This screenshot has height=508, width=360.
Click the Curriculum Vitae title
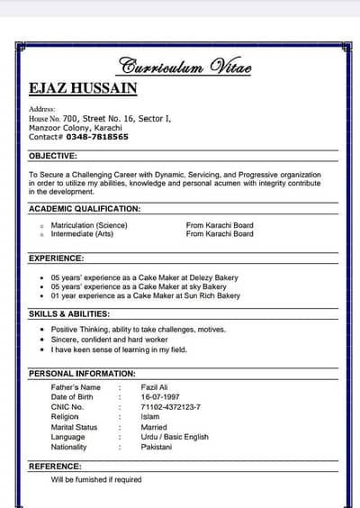click(185, 67)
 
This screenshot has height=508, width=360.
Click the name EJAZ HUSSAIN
click(83, 88)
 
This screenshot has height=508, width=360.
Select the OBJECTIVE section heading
click(53, 156)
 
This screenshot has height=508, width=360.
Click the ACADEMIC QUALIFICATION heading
click(85, 208)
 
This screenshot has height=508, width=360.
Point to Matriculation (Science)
click(89, 224)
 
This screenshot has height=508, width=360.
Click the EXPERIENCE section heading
click(56, 258)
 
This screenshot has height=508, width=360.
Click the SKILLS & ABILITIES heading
click(69, 313)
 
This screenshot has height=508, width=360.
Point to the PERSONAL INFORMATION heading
click(82, 373)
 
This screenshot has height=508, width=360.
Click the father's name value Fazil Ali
click(157, 387)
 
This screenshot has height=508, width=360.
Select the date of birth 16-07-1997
click(161, 397)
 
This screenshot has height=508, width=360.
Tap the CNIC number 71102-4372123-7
click(171, 407)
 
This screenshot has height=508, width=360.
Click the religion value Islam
click(150, 417)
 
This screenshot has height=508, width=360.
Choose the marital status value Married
click(154, 427)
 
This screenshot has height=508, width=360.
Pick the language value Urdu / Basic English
click(175, 437)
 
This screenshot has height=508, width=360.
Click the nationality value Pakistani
click(157, 447)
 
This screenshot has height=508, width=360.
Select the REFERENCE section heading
click(55, 466)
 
